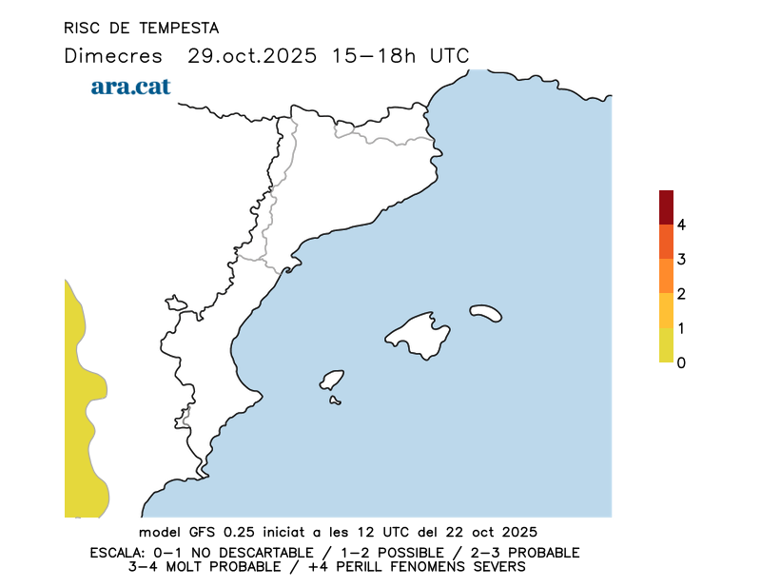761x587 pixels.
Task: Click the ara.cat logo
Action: pos(130,87)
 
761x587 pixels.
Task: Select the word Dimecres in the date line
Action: pos(113,55)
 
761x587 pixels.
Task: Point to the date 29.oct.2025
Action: pos(251,55)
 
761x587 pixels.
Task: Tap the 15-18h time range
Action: pos(374,55)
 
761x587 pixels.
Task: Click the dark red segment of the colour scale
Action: pos(666,206)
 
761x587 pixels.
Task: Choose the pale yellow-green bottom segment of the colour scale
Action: pos(666,345)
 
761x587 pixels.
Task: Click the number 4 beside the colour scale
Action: pos(681,225)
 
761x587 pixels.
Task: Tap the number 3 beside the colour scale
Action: pos(681,259)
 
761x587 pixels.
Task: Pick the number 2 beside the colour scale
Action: pos(681,294)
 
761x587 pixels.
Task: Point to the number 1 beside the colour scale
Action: pos(681,328)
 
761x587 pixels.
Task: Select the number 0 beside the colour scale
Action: pos(681,362)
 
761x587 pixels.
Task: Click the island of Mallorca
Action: pos(419,334)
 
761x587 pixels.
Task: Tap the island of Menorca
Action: pos(486,312)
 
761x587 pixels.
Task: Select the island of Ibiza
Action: pos(332,380)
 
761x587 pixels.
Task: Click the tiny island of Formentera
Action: pos(335,401)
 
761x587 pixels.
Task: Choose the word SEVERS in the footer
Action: pos(498,567)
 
